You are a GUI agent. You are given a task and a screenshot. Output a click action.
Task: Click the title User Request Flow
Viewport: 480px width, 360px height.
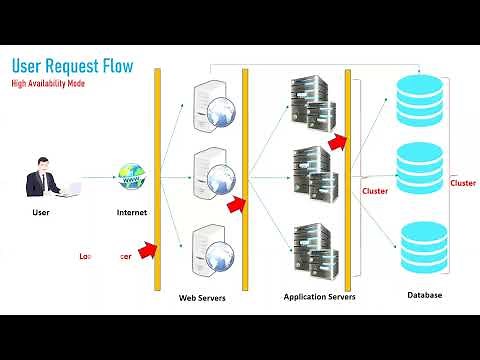point(71,67)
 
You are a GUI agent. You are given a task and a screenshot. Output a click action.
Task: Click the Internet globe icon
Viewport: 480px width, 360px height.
point(128,176)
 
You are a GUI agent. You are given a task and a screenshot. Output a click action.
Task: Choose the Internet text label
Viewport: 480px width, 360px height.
point(131,212)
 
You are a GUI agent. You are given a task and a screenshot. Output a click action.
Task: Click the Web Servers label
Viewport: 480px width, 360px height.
point(202,298)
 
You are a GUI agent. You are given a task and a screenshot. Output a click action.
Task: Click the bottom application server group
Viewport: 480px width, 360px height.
point(311,250)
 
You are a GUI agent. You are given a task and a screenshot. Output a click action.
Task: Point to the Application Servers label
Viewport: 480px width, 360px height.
point(319,297)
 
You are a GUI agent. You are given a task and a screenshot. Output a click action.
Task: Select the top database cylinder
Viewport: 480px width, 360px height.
point(420,98)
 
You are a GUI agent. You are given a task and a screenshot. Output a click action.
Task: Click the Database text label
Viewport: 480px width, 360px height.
point(424,295)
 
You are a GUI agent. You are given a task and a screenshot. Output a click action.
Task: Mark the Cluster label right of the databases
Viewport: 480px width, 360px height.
point(462,183)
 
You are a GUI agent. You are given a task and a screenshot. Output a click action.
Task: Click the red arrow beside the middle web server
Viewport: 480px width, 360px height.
point(236,206)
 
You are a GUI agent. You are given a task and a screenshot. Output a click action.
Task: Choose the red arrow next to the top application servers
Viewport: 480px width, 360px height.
point(337,141)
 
